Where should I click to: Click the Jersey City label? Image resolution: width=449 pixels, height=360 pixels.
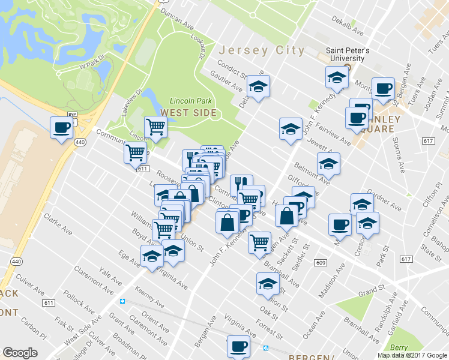262,50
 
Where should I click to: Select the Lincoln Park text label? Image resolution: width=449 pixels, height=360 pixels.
187,101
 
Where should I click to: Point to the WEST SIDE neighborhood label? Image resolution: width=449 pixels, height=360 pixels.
184,112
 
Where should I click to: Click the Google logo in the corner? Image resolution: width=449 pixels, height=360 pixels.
20,353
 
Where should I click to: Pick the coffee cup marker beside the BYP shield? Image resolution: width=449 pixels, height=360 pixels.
62,127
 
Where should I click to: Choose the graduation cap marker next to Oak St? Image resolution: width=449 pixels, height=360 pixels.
268,284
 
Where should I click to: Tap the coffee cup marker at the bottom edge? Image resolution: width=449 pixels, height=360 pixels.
238,346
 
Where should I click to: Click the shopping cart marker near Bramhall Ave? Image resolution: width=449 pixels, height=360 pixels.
260,242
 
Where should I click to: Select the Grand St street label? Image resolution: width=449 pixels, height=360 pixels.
372,292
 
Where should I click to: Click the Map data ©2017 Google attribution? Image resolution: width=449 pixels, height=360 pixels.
411,355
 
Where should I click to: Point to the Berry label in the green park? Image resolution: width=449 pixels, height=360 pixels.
399,347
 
